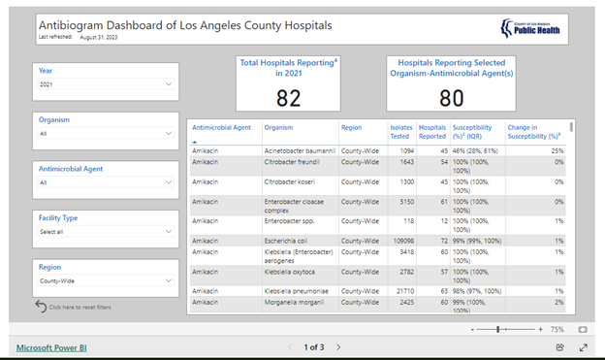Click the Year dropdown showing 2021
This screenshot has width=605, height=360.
[106, 84]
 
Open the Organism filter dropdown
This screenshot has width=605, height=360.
[106, 134]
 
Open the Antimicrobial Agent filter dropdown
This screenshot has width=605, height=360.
[106, 181]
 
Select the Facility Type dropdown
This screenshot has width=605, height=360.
[106, 232]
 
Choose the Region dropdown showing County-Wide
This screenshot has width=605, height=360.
[106, 281]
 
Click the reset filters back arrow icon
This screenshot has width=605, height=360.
[41, 307]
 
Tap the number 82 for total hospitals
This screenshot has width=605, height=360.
[288, 98]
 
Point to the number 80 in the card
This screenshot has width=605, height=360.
[451, 98]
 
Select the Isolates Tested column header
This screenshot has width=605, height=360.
[400, 132]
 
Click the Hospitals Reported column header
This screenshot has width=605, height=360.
[432, 132]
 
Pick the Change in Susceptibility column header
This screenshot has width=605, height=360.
[535, 132]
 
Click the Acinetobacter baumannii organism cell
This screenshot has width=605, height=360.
[300, 150]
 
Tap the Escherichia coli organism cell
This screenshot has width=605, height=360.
[289, 241]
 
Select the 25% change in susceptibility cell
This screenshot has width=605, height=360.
[557, 150]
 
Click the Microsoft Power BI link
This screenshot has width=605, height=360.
[50, 346]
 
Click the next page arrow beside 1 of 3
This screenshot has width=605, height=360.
[338, 346]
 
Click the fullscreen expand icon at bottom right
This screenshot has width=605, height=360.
[584, 346]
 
